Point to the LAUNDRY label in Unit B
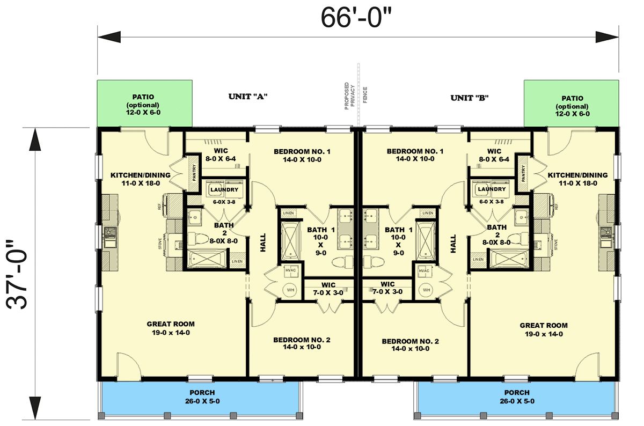492,189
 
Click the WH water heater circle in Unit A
290,290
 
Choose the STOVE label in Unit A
160,245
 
